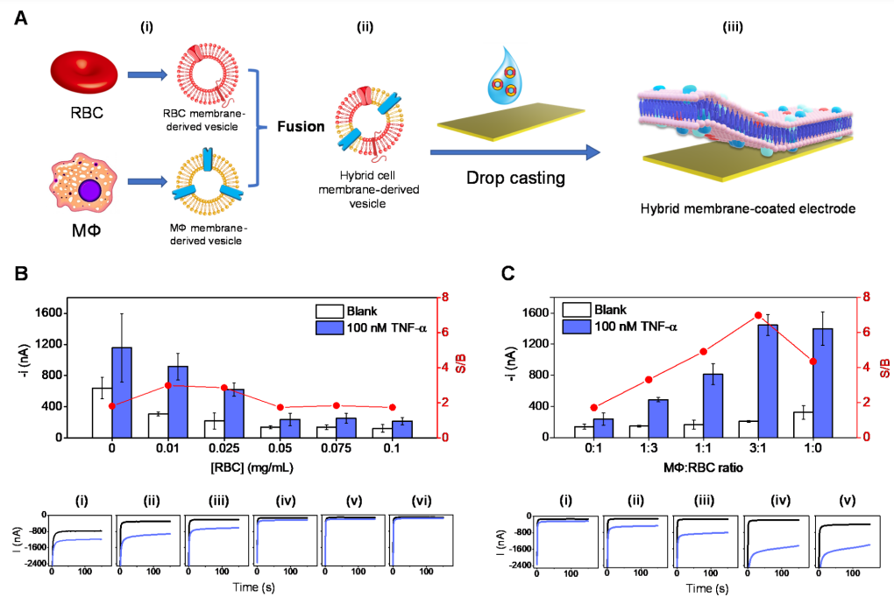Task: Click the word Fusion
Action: tap(301, 127)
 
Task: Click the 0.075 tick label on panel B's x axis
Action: tap(334, 448)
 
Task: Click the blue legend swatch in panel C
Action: tap(576, 327)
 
